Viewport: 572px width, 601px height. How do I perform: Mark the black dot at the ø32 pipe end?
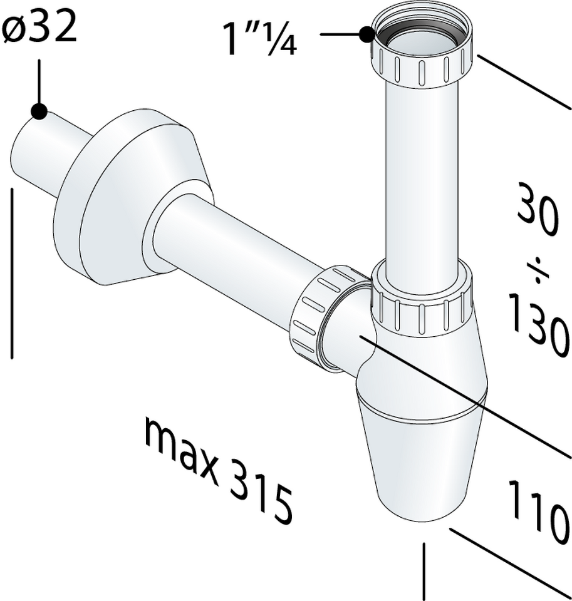click(x=39, y=111)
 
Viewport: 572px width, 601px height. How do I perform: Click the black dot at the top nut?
click(x=367, y=34)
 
